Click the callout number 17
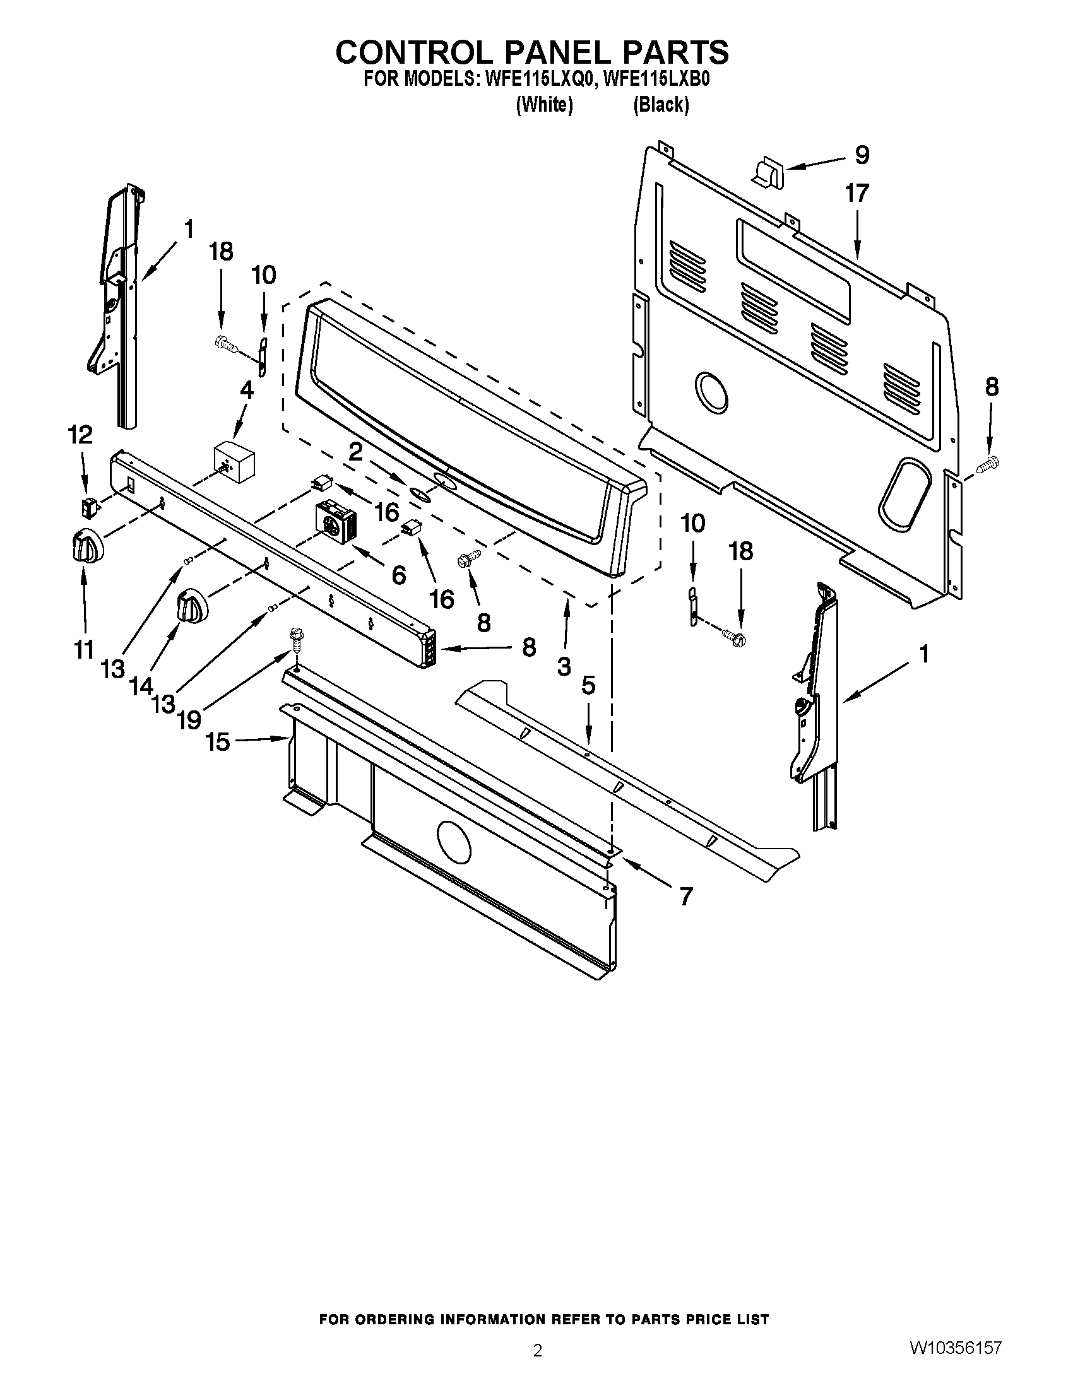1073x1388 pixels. tap(857, 194)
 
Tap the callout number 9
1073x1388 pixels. tap(862, 155)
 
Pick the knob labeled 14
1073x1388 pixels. tap(190, 605)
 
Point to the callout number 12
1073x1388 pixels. tap(81, 435)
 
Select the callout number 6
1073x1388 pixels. tap(398, 575)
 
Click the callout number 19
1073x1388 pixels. tap(189, 719)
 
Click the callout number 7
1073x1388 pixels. tap(685, 897)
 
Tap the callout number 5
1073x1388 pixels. tap(589, 686)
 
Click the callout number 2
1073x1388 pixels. tap(355, 452)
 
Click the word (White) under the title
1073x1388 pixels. tap(545, 105)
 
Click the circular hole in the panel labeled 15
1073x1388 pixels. tap(454, 842)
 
